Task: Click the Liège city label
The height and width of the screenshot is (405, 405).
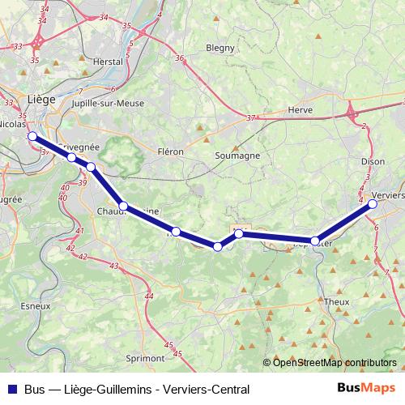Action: pyautogui.click(x=40, y=99)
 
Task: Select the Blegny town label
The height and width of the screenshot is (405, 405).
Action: pyautogui.click(x=220, y=48)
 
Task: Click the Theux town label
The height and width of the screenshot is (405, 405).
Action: pyautogui.click(x=335, y=301)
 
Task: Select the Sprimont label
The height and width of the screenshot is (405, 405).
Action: pyautogui.click(x=146, y=356)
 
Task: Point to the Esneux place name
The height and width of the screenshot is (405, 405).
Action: pyautogui.click(x=37, y=306)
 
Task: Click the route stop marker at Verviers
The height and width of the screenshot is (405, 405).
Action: pyautogui.click(x=373, y=205)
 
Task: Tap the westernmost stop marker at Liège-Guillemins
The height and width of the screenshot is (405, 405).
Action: pyautogui.click(x=32, y=137)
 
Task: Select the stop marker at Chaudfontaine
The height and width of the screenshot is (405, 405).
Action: pyautogui.click(x=123, y=207)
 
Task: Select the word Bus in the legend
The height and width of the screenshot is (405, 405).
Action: pyautogui.click(x=36, y=390)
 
